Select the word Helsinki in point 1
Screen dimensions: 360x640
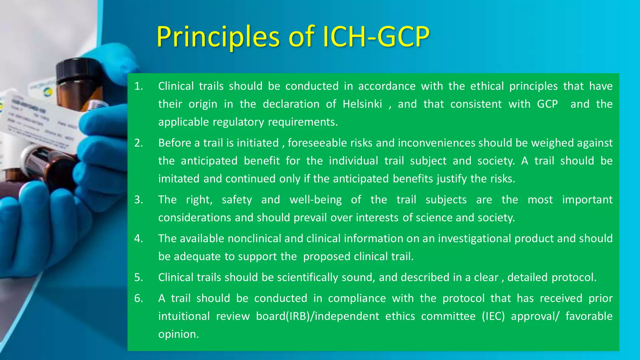pos(362,104)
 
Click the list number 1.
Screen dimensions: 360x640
pos(138,86)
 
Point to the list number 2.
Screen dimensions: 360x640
pos(138,143)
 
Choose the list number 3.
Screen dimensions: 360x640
pos(138,199)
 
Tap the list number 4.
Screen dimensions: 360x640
pos(138,238)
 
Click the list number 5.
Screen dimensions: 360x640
pos(138,277)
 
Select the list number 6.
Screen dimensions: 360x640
pos(138,298)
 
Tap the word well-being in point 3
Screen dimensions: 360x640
pos(316,199)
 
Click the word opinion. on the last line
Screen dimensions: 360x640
pos(178,334)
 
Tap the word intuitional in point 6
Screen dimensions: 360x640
pos(184,316)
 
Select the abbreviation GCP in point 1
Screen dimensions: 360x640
pos(547,104)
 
